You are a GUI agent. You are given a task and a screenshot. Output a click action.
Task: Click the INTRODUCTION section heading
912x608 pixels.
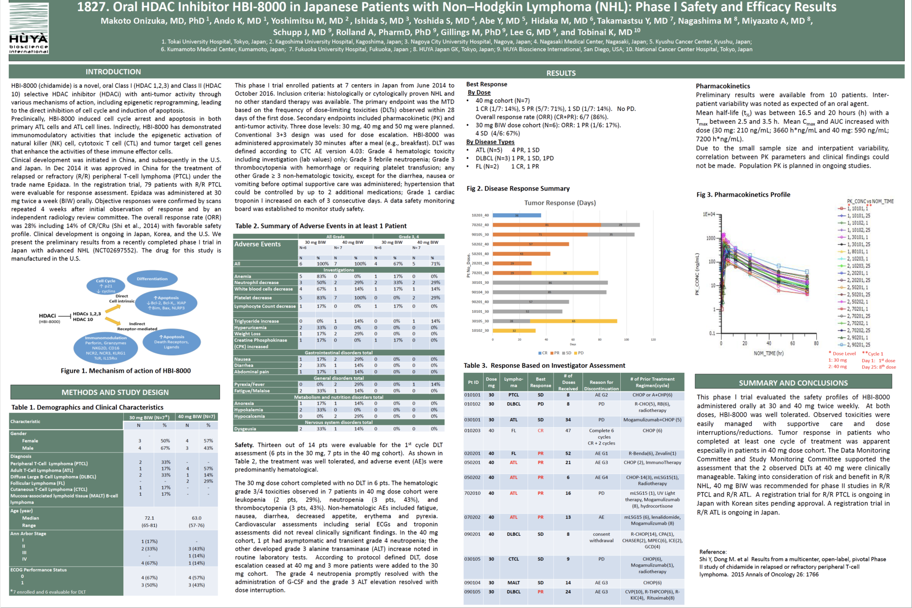click(113, 72)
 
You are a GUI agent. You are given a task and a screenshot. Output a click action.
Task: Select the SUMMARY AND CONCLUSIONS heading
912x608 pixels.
click(793, 383)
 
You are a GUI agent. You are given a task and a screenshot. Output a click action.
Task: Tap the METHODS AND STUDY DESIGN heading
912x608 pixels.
click(115, 392)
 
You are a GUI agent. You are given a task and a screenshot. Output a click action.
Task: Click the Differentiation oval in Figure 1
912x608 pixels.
click(152, 279)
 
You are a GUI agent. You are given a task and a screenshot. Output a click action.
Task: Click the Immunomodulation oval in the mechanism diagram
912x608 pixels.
click(106, 348)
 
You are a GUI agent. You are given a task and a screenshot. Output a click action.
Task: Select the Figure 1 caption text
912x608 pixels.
click(126, 371)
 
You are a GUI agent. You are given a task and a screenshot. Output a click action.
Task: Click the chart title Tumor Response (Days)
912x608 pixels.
click(560, 203)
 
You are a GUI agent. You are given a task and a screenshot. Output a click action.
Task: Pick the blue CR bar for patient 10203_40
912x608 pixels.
click(517, 216)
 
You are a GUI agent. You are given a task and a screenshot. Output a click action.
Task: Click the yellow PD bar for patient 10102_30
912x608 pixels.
click(514, 331)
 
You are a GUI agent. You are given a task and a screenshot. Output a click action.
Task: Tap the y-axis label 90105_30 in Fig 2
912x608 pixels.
click(480, 235)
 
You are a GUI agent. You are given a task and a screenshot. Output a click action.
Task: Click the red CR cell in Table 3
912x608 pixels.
click(540, 431)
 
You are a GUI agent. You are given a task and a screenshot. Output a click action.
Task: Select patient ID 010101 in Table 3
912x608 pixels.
click(472, 395)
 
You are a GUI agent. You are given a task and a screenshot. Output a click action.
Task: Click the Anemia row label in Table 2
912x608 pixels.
click(243, 277)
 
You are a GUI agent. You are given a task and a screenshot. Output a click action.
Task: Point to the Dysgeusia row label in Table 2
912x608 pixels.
click(245, 429)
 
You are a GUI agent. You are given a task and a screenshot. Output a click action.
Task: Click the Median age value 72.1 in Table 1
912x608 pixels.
click(149, 518)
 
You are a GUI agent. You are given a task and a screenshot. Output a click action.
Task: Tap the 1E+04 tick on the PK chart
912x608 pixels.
click(708, 214)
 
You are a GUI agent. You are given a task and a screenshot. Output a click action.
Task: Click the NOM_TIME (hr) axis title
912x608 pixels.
click(768, 353)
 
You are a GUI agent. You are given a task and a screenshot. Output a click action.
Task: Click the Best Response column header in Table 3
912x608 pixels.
click(540, 382)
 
